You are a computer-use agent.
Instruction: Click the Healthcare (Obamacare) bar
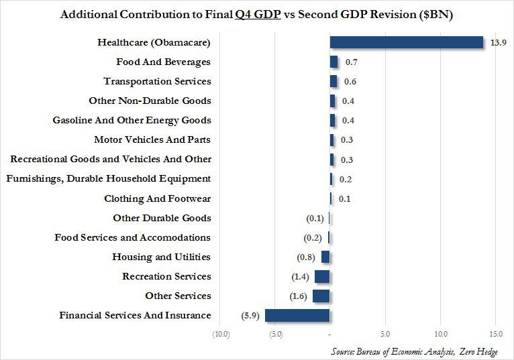pyautogui.click(x=406, y=42)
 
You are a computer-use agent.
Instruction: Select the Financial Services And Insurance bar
pyautogui.click(x=297, y=316)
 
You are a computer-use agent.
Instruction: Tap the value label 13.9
pyautogui.click(x=497, y=43)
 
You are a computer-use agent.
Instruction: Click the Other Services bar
pyautogui.click(x=321, y=296)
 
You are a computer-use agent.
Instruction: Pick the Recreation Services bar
pyautogui.click(x=322, y=277)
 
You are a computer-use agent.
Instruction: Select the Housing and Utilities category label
pyautogui.click(x=161, y=257)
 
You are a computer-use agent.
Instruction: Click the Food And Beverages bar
pyautogui.click(x=333, y=62)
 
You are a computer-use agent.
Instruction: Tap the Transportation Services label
pyautogui.click(x=157, y=81)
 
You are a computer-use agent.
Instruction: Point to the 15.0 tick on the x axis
pyautogui.click(x=496, y=334)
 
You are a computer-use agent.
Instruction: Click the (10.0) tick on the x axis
pyautogui.click(x=220, y=334)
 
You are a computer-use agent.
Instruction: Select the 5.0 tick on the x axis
pyautogui.click(x=385, y=334)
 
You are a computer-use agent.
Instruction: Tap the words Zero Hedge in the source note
pyautogui.click(x=476, y=351)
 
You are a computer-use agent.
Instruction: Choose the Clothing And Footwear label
pyautogui.click(x=158, y=198)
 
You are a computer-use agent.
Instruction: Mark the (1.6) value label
pyautogui.click(x=300, y=296)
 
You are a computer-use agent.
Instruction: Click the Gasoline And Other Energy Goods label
pyautogui.click(x=132, y=120)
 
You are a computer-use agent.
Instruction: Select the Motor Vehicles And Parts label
pyautogui.click(x=152, y=139)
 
